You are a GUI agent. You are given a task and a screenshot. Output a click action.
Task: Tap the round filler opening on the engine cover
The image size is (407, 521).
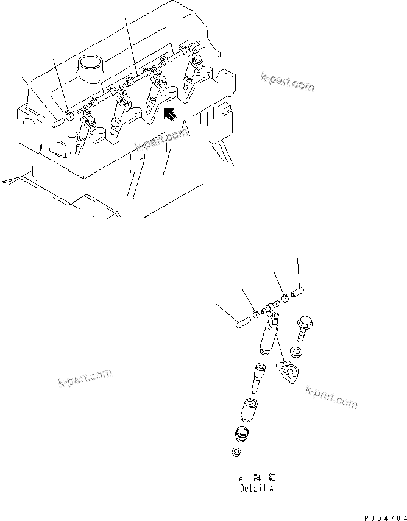pos(90,63)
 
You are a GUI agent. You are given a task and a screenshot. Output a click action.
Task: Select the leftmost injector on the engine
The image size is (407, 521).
pos(84,132)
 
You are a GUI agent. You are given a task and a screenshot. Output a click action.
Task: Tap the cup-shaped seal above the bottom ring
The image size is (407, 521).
pos(242,435)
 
